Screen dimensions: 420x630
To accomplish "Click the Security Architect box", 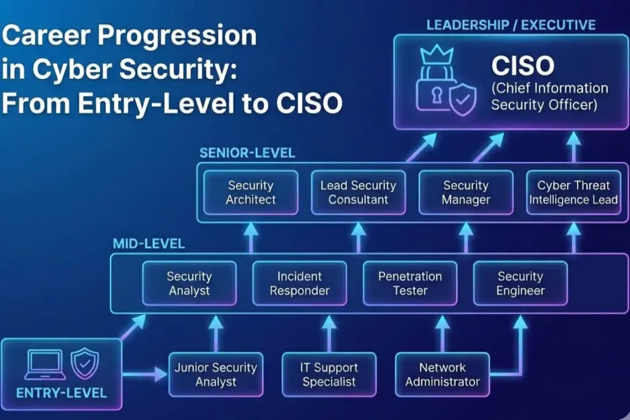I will coord(250,193).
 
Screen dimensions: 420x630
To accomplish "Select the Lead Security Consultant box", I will coord(358,193).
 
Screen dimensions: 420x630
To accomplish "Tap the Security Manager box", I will coord(466,193).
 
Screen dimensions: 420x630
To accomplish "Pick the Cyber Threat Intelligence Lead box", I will coord(573,193).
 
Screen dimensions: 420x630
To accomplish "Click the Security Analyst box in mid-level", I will coord(189,283).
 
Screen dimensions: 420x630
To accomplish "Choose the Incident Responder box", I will coord(300,283).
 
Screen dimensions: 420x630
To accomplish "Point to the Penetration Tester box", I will coord(410,283).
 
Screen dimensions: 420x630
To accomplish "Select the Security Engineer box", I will coord(520,283).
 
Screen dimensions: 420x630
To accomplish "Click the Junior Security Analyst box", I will coord(215,374).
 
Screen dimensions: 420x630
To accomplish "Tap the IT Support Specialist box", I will coord(329,374).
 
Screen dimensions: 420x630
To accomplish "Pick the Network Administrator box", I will coord(442,374).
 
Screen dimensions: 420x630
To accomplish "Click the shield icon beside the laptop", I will coord(84,364).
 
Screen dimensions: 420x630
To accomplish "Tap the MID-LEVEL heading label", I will coord(148,244).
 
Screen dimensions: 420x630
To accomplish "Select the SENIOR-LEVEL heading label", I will coord(247,153).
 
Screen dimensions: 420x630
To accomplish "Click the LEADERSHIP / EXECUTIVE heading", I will coord(511,25).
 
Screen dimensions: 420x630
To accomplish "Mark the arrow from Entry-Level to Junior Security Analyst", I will coord(145,373).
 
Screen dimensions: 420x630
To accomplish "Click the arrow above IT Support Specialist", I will coord(329,333).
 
